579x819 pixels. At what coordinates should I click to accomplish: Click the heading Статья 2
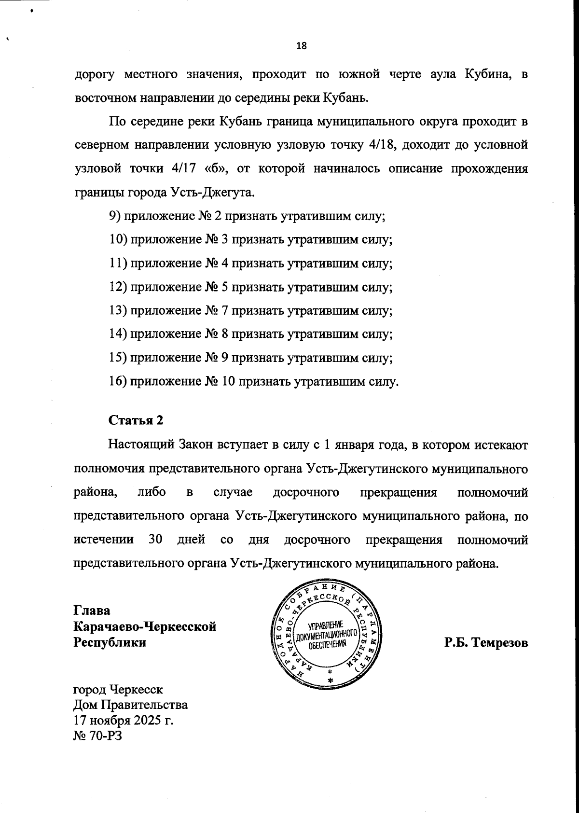pos(136,420)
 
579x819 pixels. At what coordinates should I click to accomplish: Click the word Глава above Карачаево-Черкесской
pos(92,610)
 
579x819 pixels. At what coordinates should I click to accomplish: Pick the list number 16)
pos(118,382)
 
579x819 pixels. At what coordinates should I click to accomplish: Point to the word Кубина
pos(484,74)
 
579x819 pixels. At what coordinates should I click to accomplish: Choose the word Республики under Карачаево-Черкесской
pos(109,643)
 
